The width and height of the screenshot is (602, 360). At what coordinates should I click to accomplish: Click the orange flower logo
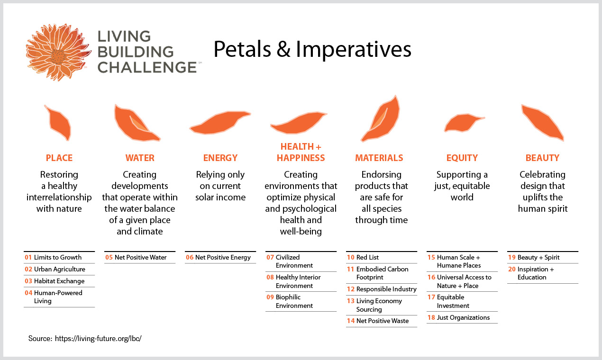58,53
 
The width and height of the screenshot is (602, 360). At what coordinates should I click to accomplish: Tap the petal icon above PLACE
59,123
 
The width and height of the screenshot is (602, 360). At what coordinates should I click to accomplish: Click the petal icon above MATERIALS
381,119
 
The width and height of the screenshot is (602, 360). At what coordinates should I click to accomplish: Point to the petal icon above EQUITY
463,123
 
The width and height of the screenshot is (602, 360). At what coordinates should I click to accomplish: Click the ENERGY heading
220,158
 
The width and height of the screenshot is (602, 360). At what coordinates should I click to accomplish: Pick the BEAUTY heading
542,158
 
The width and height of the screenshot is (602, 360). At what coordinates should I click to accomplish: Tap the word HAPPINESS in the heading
301,158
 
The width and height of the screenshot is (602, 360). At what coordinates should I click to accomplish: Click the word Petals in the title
242,49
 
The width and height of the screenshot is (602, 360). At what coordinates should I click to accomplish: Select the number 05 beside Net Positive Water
109,257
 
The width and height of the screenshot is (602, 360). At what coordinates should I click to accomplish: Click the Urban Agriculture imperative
59,269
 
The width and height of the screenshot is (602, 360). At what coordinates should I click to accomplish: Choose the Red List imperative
367,257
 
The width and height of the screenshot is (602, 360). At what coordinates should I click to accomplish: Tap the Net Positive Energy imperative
223,257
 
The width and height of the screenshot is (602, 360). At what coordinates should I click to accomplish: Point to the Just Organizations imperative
463,317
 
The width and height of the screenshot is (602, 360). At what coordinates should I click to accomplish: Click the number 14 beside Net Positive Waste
350,321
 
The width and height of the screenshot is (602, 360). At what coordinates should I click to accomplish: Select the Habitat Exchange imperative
59,281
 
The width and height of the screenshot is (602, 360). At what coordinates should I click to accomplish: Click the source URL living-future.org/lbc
98,338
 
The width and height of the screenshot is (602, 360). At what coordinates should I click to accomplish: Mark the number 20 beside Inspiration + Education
512,269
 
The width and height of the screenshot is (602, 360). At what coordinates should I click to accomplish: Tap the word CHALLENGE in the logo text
147,67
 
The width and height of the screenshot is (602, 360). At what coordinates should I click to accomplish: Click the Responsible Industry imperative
386,289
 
